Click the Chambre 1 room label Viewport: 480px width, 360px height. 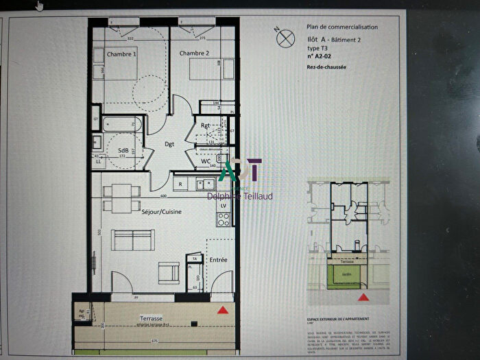coord(122,53)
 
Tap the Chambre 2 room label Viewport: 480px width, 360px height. coord(193,53)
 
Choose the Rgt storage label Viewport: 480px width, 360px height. coord(205,125)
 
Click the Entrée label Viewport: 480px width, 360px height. coord(218,260)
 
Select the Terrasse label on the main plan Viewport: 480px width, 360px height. coord(150,319)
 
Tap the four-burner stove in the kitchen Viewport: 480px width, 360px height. coord(223,219)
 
